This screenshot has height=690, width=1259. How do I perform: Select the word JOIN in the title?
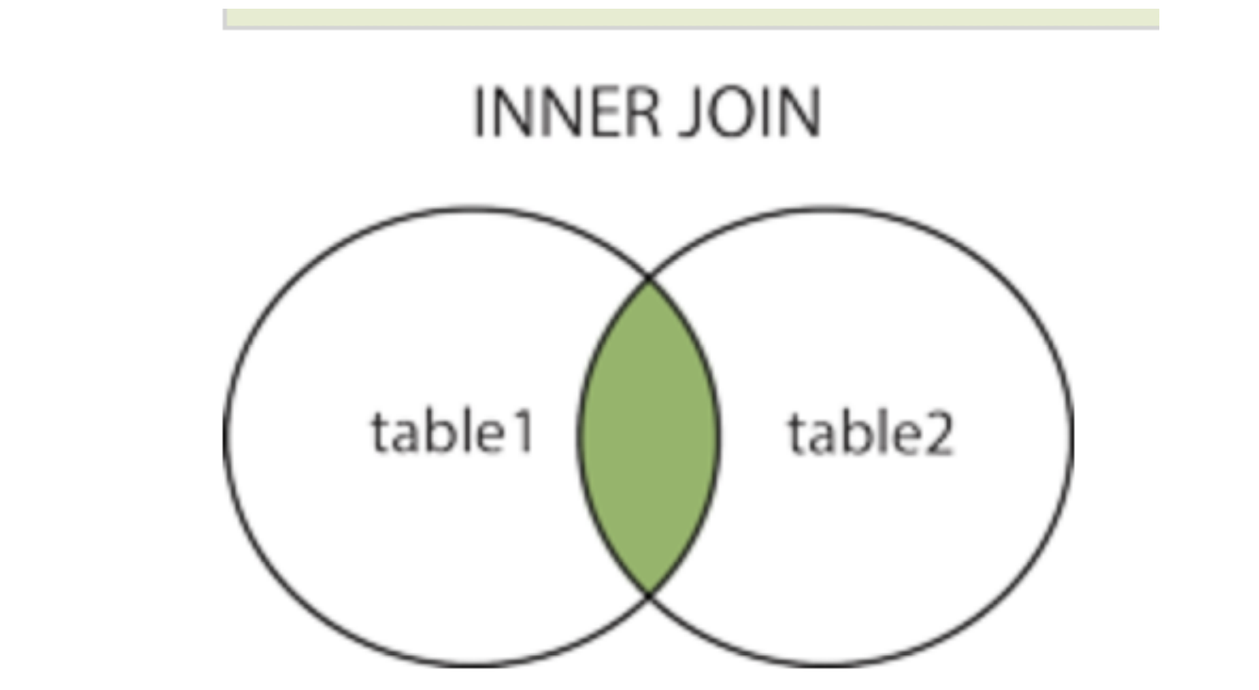750,113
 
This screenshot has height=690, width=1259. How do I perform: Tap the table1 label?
453,433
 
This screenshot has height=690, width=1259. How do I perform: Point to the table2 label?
870,433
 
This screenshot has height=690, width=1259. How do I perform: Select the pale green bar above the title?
691,18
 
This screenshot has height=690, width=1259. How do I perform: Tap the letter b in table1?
443,431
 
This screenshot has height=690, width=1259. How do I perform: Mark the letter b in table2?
860,433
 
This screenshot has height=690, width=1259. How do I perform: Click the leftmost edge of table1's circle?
225,436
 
